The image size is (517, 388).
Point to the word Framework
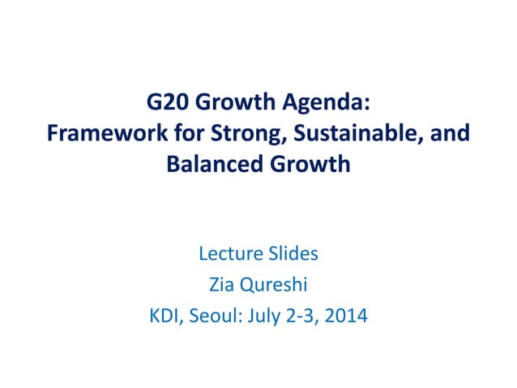[x=98, y=133]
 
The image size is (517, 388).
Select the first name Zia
[x=222, y=284]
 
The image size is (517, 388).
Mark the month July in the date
[x=266, y=315]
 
